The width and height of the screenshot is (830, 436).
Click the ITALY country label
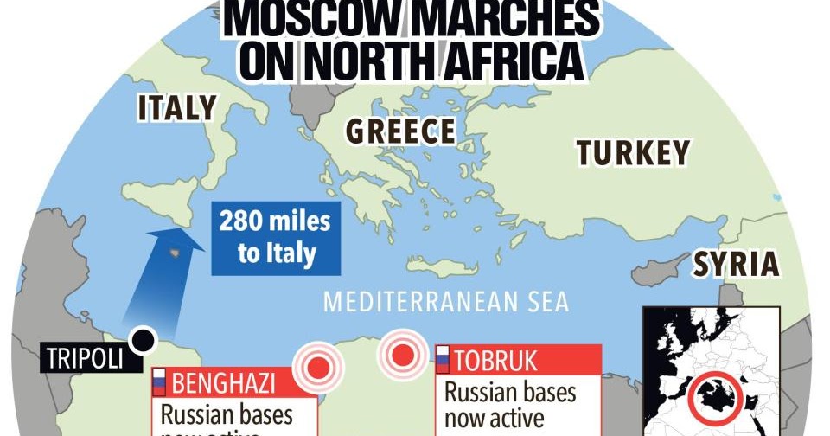(177, 108)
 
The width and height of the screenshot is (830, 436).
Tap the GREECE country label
(400, 131)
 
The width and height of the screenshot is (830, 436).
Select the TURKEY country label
(634, 153)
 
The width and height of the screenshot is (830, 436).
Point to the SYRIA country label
(737, 263)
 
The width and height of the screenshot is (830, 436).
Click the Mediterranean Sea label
(446, 303)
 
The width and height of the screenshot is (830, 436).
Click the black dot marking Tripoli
(142, 340)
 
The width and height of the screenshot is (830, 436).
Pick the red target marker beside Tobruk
(400, 353)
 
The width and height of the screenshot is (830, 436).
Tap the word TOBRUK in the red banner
(496, 359)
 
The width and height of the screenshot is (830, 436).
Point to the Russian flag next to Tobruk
(441, 359)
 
